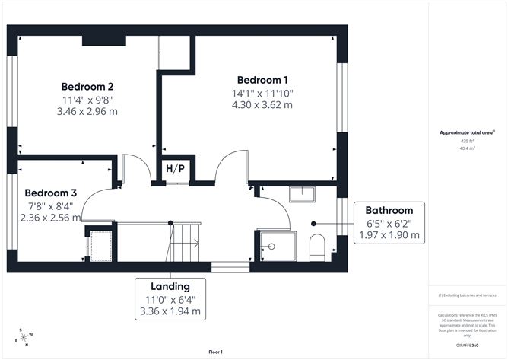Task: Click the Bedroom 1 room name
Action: coord(262,80)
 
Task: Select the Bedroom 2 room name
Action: coord(88,86)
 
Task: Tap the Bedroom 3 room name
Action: coord(50,193)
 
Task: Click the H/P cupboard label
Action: coord(173,168)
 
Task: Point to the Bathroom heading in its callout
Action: coord(389,210)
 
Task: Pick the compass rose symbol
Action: coord(26,336)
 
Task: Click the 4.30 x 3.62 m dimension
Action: coord(262,105)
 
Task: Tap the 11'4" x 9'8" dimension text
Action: coord(88,99)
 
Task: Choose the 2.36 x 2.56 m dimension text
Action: coord(50,218)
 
